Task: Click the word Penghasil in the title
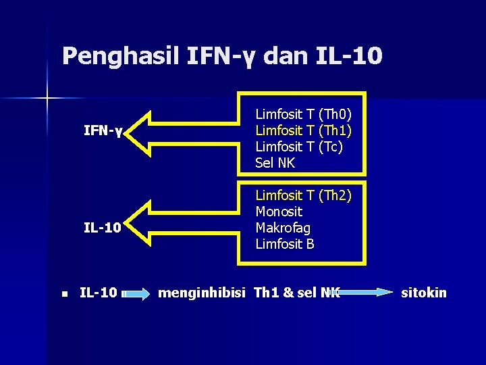[116, 55]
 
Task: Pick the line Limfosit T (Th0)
[308, 114]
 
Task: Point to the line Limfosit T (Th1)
[308, 130]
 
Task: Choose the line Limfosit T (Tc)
[299, 147]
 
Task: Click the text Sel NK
[275, 163]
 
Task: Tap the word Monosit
[279, 212]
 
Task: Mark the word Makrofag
[283, 228]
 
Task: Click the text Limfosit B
[285, 244]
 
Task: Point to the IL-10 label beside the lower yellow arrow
[102, 228]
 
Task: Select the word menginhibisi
[201, 293]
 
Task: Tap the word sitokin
[424, 293]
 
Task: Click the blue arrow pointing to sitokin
[365, 293]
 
